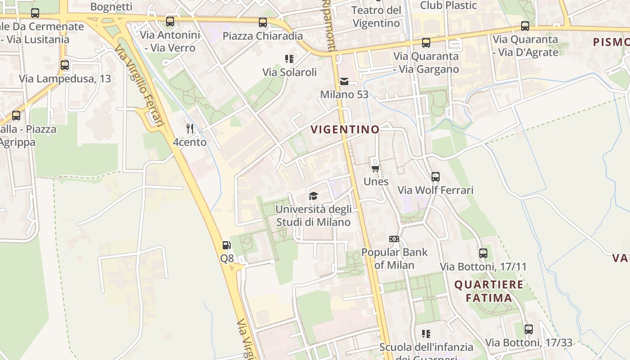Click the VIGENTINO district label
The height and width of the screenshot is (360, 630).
(x=345, y=130)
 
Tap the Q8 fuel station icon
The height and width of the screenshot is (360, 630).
(x=227, y=245)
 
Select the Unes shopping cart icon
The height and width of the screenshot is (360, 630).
(x=375, y=168)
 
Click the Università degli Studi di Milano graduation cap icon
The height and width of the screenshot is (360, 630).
(x=313, y=196)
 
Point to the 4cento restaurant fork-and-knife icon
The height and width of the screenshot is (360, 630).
(x=190, y=129)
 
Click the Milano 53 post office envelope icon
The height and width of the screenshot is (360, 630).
(x=344, y=81)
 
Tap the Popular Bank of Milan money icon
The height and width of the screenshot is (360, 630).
(x=394, y=239)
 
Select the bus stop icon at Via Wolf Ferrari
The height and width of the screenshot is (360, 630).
(x=435, y=177)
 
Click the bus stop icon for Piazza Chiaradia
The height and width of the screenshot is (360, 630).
(x=263, y=22)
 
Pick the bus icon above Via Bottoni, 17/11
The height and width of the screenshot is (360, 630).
(x=483, y=253)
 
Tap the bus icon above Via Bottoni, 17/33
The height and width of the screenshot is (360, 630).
(x=529, y=329)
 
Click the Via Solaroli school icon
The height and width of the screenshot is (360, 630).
(x=289, y=59)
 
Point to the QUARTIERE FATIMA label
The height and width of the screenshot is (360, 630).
(x=489, y=291)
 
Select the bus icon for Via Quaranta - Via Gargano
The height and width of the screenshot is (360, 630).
(x=426, y=43)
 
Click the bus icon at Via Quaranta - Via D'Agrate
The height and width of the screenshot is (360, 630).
(x=525, y=26)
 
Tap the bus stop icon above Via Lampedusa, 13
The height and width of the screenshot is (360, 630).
(x=65, y=65)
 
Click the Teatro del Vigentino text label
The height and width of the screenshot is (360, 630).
(x=376, y=17)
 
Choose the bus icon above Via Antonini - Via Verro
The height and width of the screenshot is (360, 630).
(x=170, y=22)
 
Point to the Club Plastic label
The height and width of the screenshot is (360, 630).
(x=448, y=5)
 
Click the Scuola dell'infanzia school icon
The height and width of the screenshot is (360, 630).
(x=426, y=334)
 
